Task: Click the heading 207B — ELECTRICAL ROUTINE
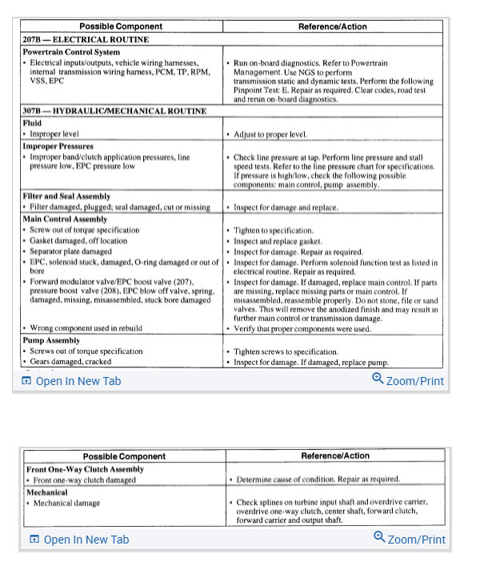pyautogui.click(x=86, y=38)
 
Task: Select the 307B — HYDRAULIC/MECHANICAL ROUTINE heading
pyautogui.click(x=114, y=111)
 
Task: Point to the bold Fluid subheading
pyautogui.click(x=34, y=123)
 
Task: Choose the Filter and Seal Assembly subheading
pyautogui.click(x=67, y=196)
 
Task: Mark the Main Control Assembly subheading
pyautogui.click(x=65, y=219)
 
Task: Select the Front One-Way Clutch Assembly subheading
pyautogui.click(x=86, y=469)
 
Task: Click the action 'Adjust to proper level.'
pyautogui.click(x=270, y=134)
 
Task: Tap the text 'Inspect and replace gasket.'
pyautogui.click(x=278, y=241)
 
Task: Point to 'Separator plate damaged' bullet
pyautogui.click(x=71, y=251)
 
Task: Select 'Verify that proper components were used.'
pyautogui.click(x=302, y=328)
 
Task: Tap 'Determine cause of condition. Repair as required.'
pyautogui.click(x=318, y=480)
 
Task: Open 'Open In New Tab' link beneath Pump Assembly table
pyautogui.click(x=71, y=381)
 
